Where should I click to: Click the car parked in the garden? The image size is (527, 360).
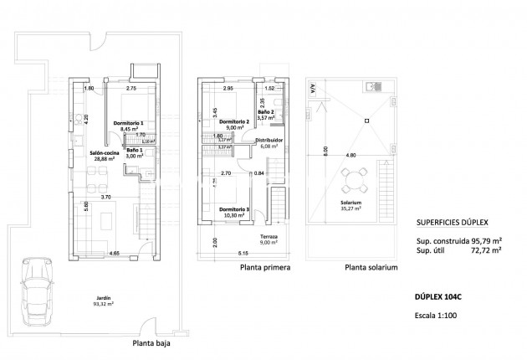click(x=37, y=296)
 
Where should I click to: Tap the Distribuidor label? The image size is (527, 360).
click(x=272, y=142)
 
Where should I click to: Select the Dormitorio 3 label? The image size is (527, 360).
click(x=234, y=212)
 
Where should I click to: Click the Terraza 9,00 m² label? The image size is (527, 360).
click(x=269, y=240)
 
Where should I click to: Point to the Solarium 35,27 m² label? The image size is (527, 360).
click(x=351, y=204)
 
